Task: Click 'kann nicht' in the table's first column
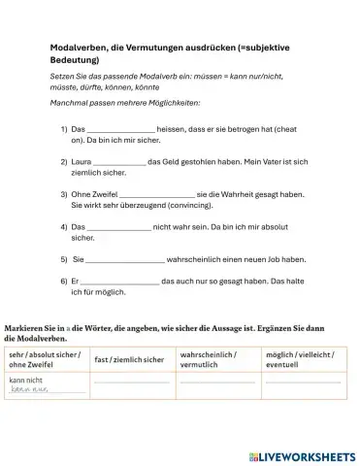[x=25, y=381]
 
